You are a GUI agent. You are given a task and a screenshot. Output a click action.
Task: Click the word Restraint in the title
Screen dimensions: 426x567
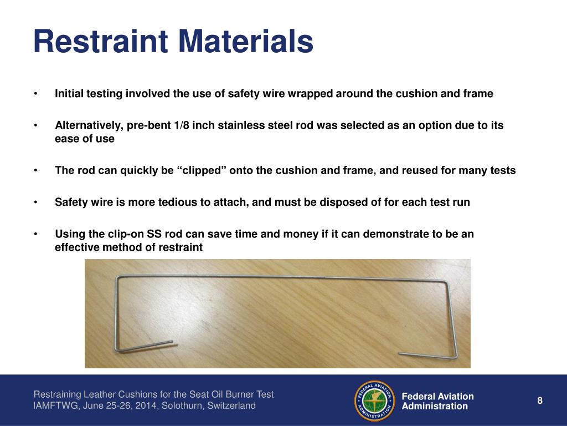(102, 42)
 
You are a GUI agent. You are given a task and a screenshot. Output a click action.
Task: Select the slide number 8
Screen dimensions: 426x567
(540, 401)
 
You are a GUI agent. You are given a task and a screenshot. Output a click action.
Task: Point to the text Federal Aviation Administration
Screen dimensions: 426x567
(437, 401)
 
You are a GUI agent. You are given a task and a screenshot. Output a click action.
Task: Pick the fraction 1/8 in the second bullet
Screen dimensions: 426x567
(181, 125)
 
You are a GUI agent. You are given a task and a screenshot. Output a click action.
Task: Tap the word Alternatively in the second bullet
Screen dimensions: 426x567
(89, 125)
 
